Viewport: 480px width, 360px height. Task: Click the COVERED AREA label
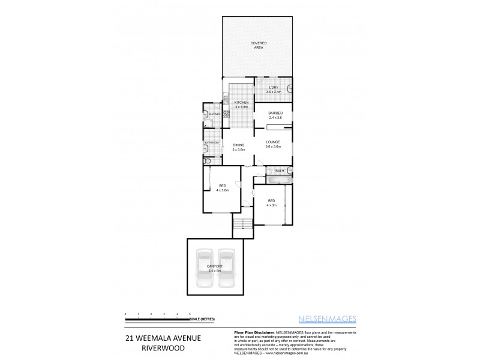click(x=259, y=45)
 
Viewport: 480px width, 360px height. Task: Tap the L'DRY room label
click(x=273, y=88)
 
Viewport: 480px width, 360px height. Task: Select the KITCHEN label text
click(x=241, y=103)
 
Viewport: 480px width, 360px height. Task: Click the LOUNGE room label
click(x=273, y=142)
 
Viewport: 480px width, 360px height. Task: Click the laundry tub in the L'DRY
click(x=290, y=89)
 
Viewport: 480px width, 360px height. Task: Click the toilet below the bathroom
click(x=208, y=161)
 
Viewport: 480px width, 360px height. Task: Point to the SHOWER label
click(x=214, y=113)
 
